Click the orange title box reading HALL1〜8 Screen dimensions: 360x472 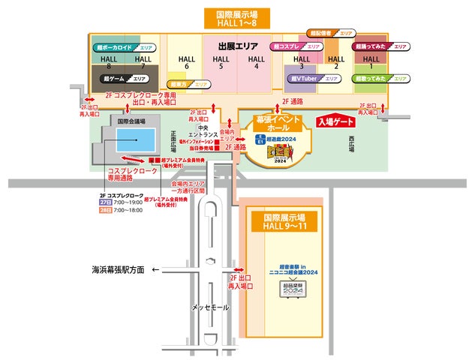pos(236,19)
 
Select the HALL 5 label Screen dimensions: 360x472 pos(221,62)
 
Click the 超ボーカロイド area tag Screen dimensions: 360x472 pos(125,47)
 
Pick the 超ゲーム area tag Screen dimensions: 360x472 pos(125,78)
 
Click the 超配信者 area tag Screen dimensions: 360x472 pos(331,34)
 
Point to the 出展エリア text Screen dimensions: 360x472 pos(239,46)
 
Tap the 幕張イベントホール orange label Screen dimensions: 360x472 pos(278,123)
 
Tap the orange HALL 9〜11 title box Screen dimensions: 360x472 pos(284,220)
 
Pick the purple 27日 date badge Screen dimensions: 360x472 pos(104,202)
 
